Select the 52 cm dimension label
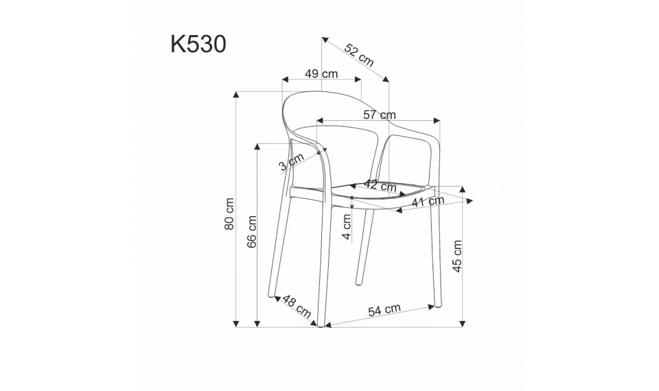coord(358,54)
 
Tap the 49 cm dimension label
coord(321,73)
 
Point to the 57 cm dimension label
coord(379,114)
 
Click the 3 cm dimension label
coord(291,163)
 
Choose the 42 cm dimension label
coord(380,185)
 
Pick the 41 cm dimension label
coord(428,201)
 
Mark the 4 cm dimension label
coord(347,227)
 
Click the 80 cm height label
coord(231,213)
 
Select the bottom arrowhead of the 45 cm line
coord(462,322)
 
